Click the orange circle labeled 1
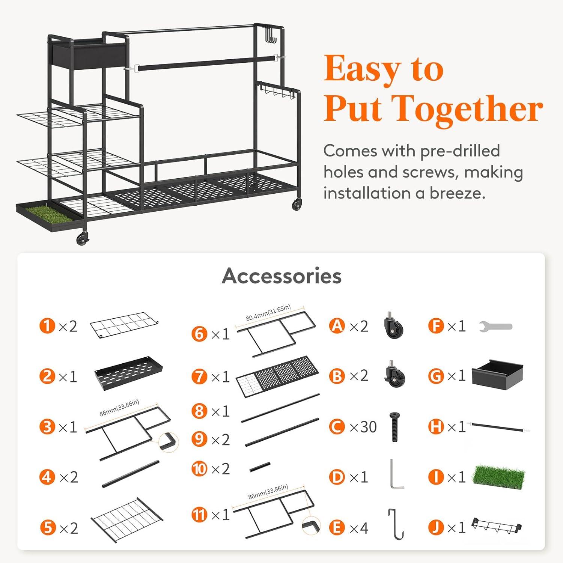(x=47, y=326)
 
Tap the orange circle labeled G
(x=436, y=376)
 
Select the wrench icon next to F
(x=496, y=327)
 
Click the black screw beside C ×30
(x=394, y=427)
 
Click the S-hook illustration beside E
(x=396, y=524)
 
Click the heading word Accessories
(x=281, y=276)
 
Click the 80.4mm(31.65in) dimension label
(x=268, y=313)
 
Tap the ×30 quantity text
(x=363, y=427)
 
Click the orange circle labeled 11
(x=200, y=515)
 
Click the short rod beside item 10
(x=260, y=467)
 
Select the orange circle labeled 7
(x=200, y=376)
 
